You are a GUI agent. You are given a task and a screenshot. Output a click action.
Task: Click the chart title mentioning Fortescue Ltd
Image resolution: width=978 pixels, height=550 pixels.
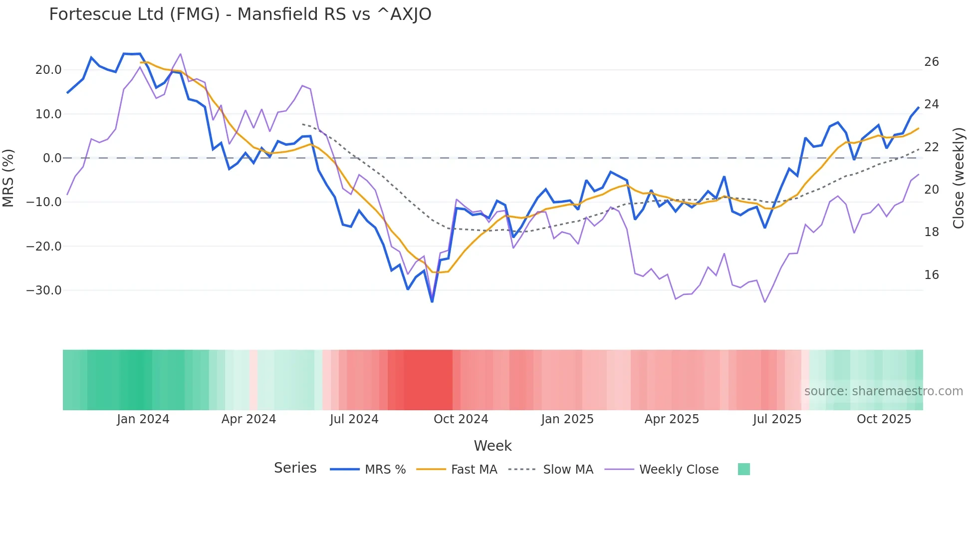pos(240,14)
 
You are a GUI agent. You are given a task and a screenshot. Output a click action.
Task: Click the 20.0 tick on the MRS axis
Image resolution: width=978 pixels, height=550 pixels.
pos(48,70)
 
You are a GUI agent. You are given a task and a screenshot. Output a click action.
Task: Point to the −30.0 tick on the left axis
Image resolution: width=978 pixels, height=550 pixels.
pos(44,290)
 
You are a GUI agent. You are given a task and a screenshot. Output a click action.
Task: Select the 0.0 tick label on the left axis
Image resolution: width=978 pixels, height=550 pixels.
pos(52,158)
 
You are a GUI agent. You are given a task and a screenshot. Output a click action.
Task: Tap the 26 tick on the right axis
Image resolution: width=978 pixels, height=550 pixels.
pos(931,62)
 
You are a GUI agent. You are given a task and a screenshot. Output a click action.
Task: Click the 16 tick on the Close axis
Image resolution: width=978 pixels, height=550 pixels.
pos(931,275)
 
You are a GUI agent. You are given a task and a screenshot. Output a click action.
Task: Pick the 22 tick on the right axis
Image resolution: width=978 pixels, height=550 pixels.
pos(931,147)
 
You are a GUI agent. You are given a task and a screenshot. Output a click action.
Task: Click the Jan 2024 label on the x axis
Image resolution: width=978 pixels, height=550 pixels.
pos(143,419)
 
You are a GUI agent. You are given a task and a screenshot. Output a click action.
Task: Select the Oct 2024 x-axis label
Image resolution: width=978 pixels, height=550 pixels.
pos(461,419)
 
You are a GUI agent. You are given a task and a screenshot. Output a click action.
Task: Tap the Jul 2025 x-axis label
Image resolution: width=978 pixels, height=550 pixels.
pos(777,419)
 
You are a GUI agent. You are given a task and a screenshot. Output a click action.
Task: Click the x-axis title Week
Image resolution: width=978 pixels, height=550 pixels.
pos(492,446)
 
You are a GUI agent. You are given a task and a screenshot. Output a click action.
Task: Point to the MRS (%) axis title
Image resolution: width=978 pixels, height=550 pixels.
pos(8,178)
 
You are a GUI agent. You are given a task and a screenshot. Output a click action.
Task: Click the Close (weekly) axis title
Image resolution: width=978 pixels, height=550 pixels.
pos(959,178)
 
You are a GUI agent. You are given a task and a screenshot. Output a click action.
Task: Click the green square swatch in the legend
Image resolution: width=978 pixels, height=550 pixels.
pos(743,469)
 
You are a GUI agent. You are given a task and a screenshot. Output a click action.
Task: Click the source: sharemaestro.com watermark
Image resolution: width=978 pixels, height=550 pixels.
pos(883,391)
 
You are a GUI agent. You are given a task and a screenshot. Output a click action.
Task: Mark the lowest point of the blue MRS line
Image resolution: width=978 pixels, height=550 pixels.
pos(432,301)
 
